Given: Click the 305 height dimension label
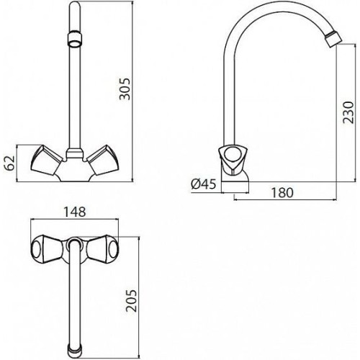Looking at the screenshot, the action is click(x=125, y=89).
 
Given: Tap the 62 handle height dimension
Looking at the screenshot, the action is click(x=9, y=163).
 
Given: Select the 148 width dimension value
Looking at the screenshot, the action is click(x=75, y=212).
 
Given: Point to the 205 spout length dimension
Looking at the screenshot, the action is click(x=131, y=301).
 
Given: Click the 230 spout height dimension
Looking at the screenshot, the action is click(x=348, y=112).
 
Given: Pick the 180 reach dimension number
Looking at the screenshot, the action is click(x=282, y=192).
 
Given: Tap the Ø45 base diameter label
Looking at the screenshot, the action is click(x=204, y=184).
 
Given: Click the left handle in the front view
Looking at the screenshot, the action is click(x=47, y=160).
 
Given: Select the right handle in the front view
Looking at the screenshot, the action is click(x=103, y=160).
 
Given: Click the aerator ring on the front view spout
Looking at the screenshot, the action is click(x=75, y=39).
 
